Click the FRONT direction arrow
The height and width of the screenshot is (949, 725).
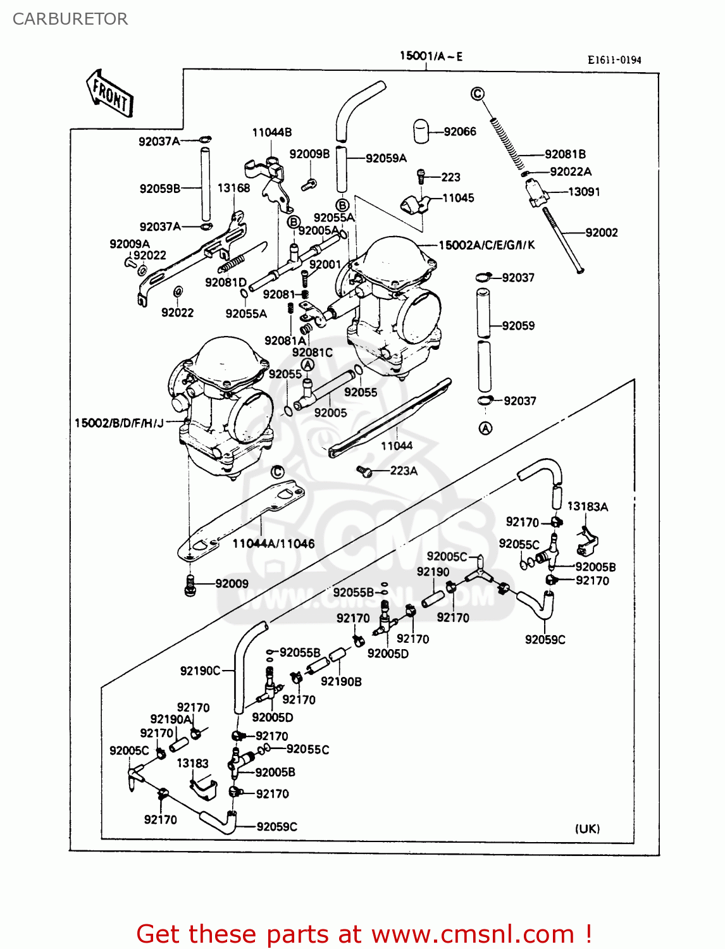(110, 94)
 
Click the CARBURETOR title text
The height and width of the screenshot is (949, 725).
(70, 19)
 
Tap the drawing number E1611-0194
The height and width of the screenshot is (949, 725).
(614, 60)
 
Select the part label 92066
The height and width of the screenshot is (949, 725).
(460, 132)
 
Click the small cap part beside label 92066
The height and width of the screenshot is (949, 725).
(421, 132)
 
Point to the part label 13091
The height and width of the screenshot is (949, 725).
(584, 192)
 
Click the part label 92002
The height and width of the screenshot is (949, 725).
(601, 232)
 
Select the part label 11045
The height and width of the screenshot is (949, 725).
(458, 198)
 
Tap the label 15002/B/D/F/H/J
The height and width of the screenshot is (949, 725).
(119, 423)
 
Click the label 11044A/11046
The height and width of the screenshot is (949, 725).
(273, 543)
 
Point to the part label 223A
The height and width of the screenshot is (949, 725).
(404, 471)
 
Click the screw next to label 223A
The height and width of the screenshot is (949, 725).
(363, 471)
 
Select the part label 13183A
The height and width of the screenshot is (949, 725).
(587, 506)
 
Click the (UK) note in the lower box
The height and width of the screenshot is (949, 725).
(587, 829)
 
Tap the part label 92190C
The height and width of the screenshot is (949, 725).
(200, 671)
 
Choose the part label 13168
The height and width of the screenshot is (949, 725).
(233, 188)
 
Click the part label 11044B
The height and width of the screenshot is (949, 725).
(272, 132)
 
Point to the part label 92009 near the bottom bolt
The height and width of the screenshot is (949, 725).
(232, 583)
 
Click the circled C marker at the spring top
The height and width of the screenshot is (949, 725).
(478, 94)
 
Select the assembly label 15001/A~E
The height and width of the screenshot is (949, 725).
(431, 56)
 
